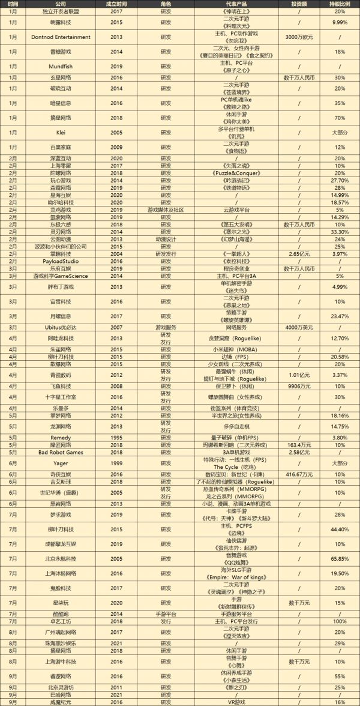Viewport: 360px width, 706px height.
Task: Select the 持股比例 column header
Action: (x=340, y=4)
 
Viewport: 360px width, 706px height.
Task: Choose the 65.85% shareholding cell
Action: (x=340, y=558)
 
